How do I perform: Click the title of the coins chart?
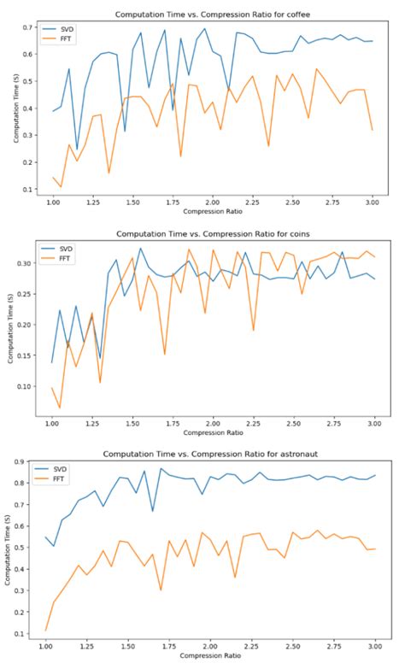click(213, 232)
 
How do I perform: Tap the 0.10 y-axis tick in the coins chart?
click(30, 386)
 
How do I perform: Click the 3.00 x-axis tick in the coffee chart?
click(372, 204)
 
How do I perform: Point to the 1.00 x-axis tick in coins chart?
click(52, 424)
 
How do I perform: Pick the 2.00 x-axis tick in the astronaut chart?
click(212, 645)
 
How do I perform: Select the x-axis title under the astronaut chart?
click(213, 655)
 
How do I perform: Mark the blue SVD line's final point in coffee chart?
click(372, 41)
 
